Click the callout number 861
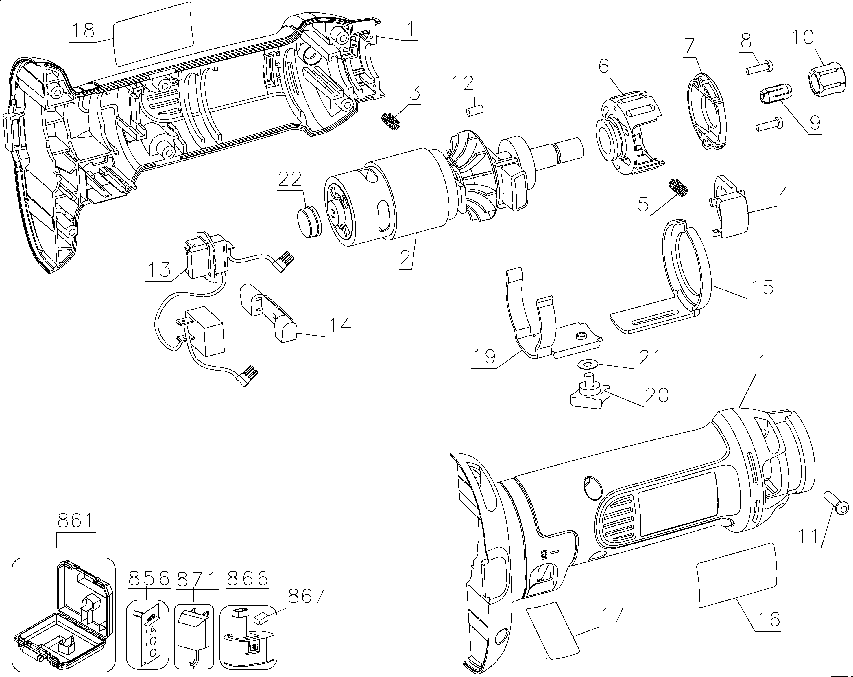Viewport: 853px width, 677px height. (75, 520)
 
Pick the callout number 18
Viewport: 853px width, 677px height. (84, 30)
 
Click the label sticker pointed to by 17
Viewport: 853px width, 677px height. (552, 631)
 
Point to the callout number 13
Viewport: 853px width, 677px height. (159, 270)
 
